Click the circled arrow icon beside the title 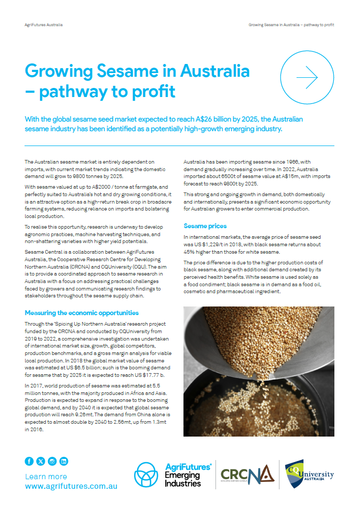coord(307,78)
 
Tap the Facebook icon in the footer coord(29,462)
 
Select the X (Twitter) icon coord(41,462)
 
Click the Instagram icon coord(52,462)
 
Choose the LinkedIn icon coord(64,462)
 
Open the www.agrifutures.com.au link coord(71,486)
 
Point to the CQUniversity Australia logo coord(309,474)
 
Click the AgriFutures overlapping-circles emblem coord(146,474)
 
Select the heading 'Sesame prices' coord(204,226)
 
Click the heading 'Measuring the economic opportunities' coord(82,312)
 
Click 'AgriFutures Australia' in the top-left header coord(44,25)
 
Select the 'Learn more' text coord(46,477)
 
